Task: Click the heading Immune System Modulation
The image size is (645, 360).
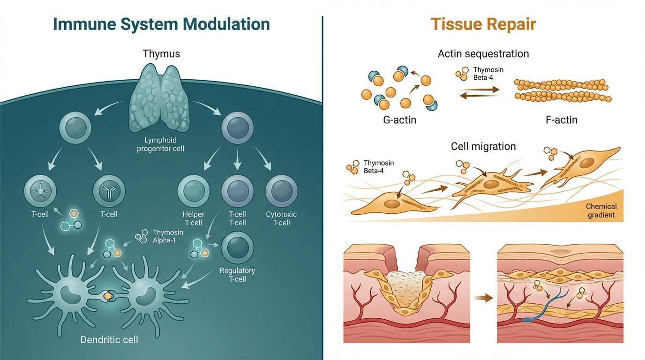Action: point(161,24)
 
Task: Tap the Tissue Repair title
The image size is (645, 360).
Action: point(483,24)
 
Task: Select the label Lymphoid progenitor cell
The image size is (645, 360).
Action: point(161,144)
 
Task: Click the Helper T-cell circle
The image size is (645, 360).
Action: point(193,192)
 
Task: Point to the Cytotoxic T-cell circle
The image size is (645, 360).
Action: point(281,192)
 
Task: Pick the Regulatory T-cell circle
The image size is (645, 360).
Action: point(237,247)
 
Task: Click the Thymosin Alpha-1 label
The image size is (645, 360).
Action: point(168,236)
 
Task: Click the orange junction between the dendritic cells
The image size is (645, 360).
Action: point(108,296)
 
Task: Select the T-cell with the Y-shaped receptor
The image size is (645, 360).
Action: point(109,192)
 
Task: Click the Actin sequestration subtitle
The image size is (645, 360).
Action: point(483,54)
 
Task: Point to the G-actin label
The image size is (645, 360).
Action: point(399,120)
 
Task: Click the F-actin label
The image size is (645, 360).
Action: point(562,120)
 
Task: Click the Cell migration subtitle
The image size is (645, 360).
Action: point(483,146)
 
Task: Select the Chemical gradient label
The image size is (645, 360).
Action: point(601,211)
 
